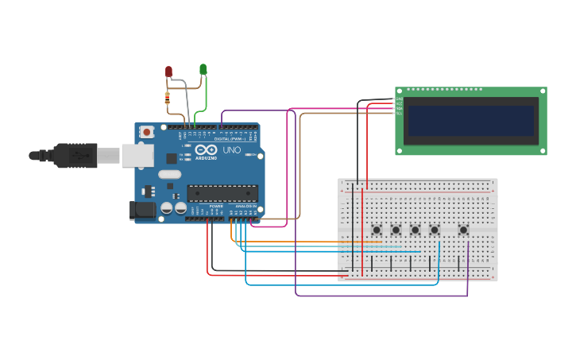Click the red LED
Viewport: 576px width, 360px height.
(168, 72)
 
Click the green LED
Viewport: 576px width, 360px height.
(203, 69)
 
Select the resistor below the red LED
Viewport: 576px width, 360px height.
(167, 99)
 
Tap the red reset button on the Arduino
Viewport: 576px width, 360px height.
(146, 132)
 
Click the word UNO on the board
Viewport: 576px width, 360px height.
(231, 149)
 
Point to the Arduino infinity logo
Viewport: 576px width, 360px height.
(206, 149)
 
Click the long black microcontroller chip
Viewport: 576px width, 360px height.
(222, 193)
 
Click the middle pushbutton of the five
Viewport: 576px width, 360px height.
(415, 230)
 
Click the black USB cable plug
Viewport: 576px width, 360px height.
(75, 156)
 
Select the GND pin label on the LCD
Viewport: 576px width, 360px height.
(400, 100)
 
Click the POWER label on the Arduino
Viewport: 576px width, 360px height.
(215, 206)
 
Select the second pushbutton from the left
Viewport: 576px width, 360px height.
(396, 230)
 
